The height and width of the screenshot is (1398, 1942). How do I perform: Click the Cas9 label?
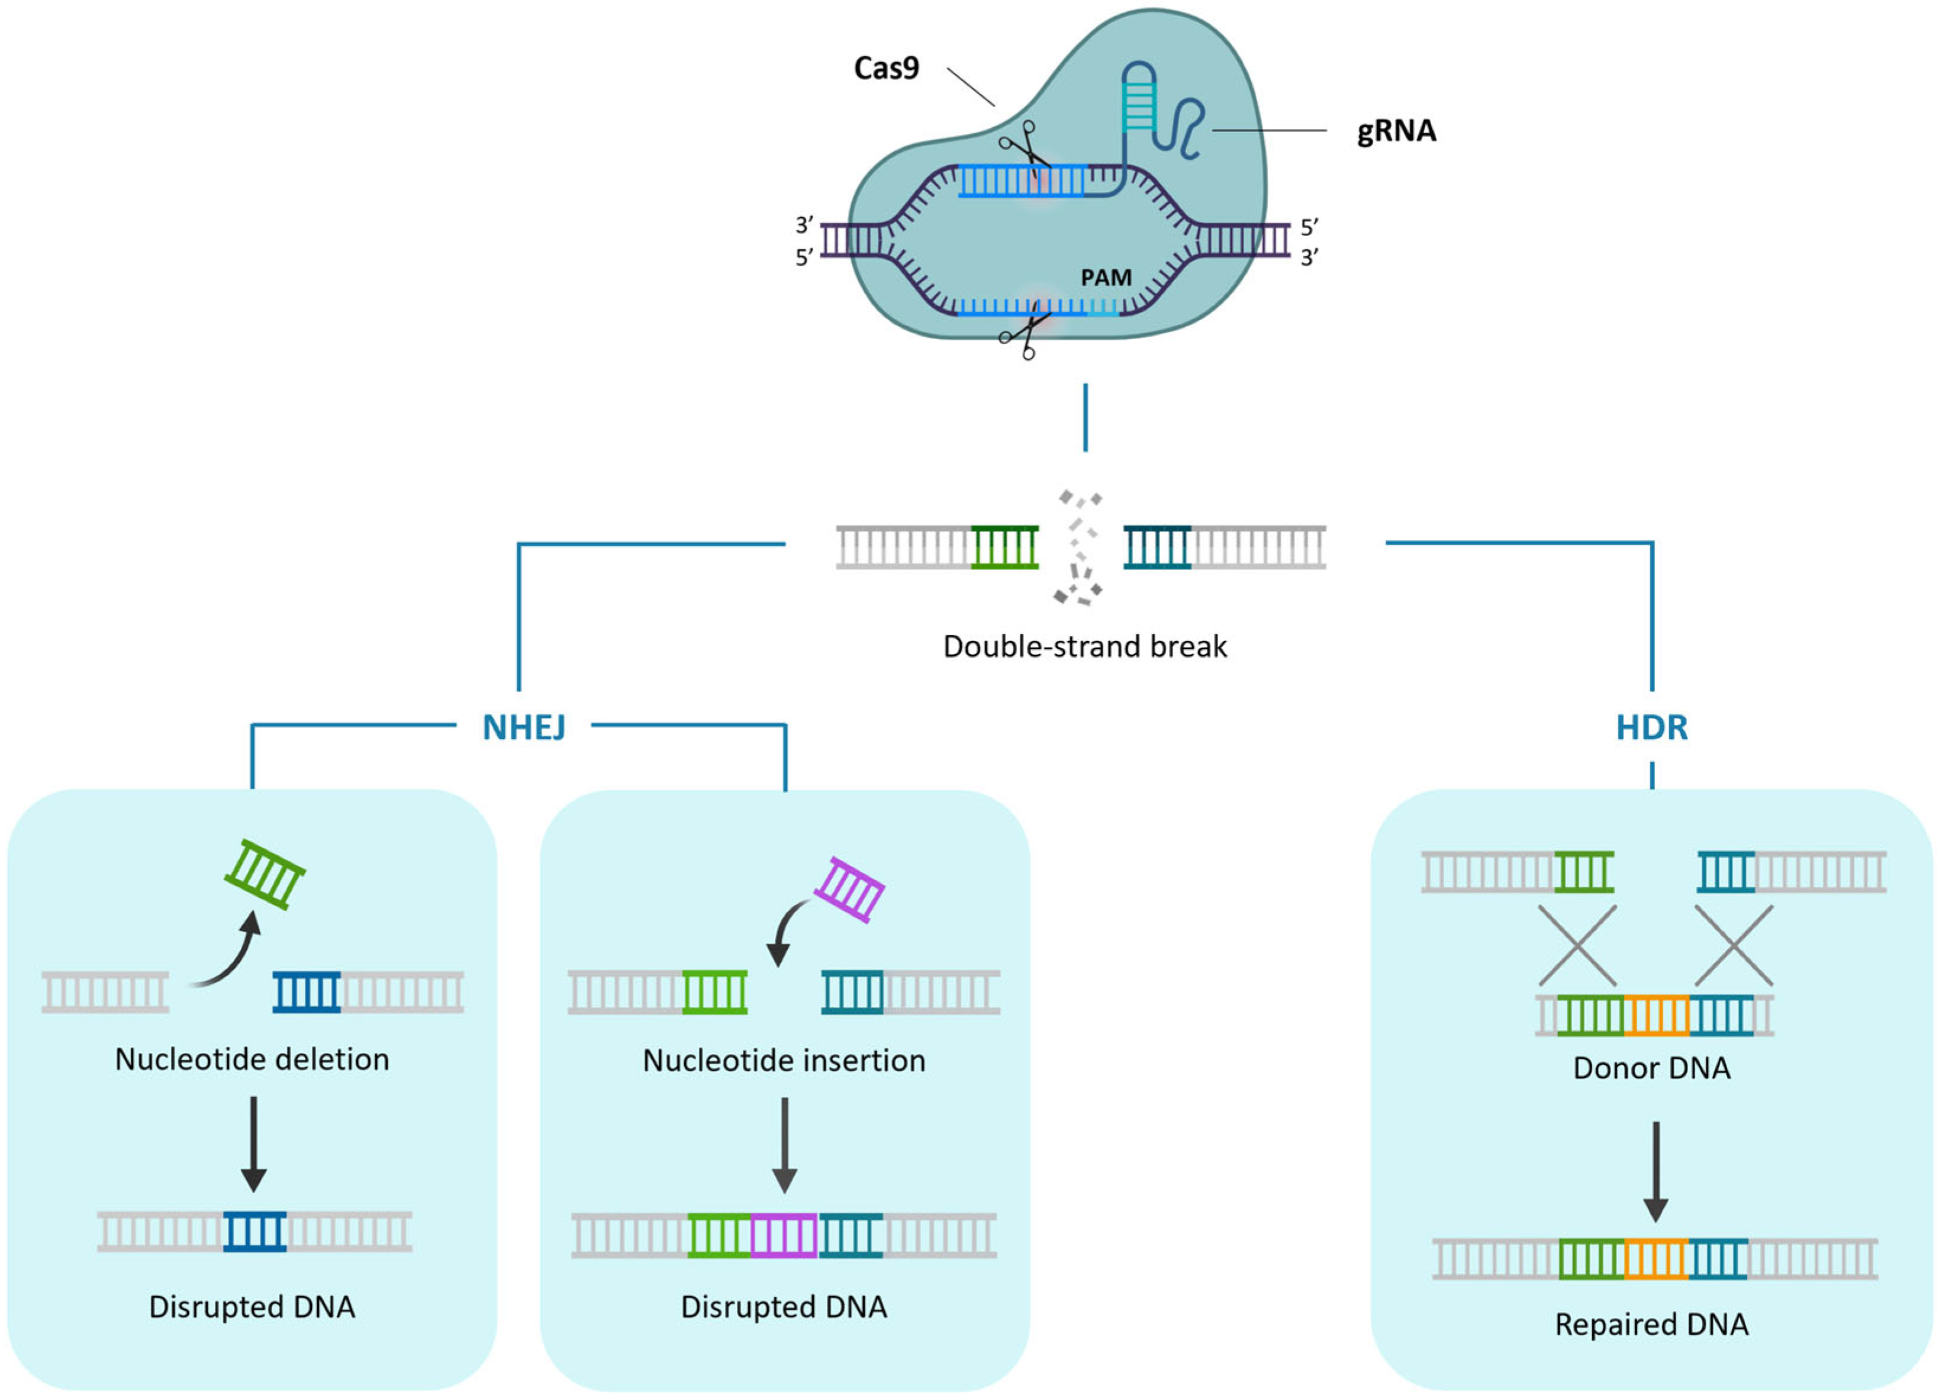click(886, 67)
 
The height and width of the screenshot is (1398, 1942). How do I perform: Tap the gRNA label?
click(1396, 131)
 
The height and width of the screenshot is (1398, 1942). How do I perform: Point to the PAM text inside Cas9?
click(1106, 278)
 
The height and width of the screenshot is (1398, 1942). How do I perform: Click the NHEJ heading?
click(524, 727)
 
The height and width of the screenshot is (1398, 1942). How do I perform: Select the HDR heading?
click(1652, 727)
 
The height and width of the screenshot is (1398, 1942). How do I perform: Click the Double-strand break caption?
click(1085, 646)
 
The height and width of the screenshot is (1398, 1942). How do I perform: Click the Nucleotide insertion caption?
click(784, 1060)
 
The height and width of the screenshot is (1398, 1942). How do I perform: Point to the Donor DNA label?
click(1652, 1068)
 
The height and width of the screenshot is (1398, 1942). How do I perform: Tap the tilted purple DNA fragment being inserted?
click(849, 890)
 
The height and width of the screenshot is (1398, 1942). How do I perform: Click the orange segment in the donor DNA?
click(1657, 1015)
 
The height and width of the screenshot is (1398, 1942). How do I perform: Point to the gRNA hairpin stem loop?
click(1139, 98)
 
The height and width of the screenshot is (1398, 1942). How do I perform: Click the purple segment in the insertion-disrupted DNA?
click(784, 1235)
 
